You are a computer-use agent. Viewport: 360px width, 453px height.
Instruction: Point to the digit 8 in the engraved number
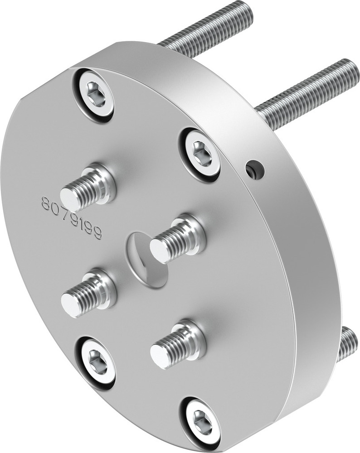click(x=46, y=204)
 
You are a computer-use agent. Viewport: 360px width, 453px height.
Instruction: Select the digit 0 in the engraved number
click(x=54, y=208)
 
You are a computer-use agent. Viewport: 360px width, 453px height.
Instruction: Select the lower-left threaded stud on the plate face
click(x=88, y=294)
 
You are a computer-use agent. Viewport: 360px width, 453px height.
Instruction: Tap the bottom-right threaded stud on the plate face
click(x=177, y=345)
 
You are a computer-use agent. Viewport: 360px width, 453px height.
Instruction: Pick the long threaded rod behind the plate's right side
click(x=308, y=91)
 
